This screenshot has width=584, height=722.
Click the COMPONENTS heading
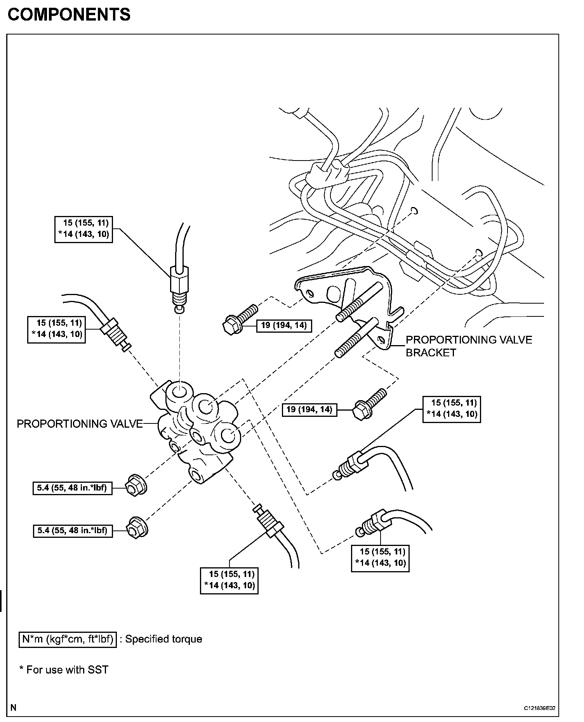(x=69, y=15)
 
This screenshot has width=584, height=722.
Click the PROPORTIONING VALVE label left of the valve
(x=80, y=424)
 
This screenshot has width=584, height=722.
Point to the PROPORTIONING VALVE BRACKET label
(x=468, y=346)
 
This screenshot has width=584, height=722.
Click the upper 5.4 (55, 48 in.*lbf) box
(x=72, y=488)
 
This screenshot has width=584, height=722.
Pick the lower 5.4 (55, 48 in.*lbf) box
(x=73, y=530)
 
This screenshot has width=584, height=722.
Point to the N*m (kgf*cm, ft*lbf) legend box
(x=68, y=639)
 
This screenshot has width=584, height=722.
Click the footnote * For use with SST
(x=64, y=670)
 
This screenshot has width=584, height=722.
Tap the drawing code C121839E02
(x=539, y=708)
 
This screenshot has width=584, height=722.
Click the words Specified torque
(x=163, y=639)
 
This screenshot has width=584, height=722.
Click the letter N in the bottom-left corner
(x=13, y=707)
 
